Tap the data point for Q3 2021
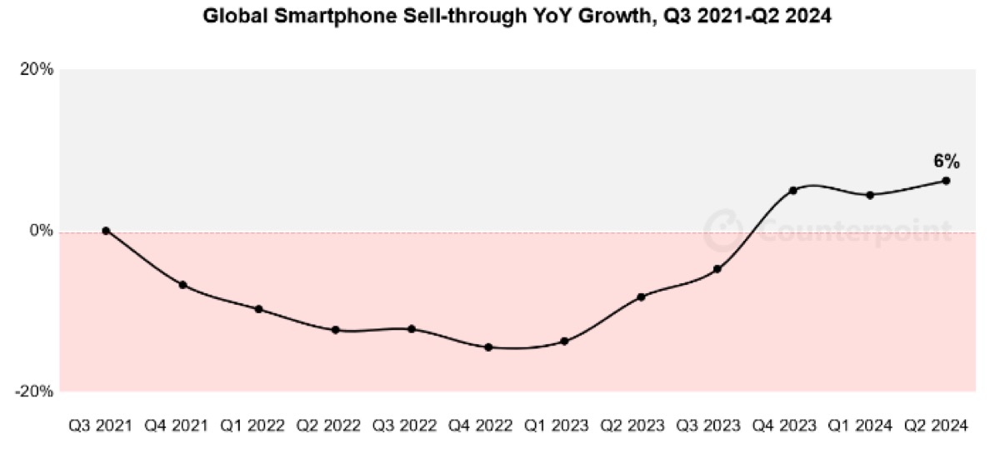(x=106, y=231)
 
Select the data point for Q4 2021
(x=182, y=285)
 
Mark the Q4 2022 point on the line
(x=488, y=347)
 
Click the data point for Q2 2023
(x=641, y=297)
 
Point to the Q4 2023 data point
(x=793, y=191)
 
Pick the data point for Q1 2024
(x=870, y=195)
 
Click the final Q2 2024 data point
(x=946, y=181)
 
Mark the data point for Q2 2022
(x=335, y=330)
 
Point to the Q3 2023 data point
(x=717, y=269)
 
